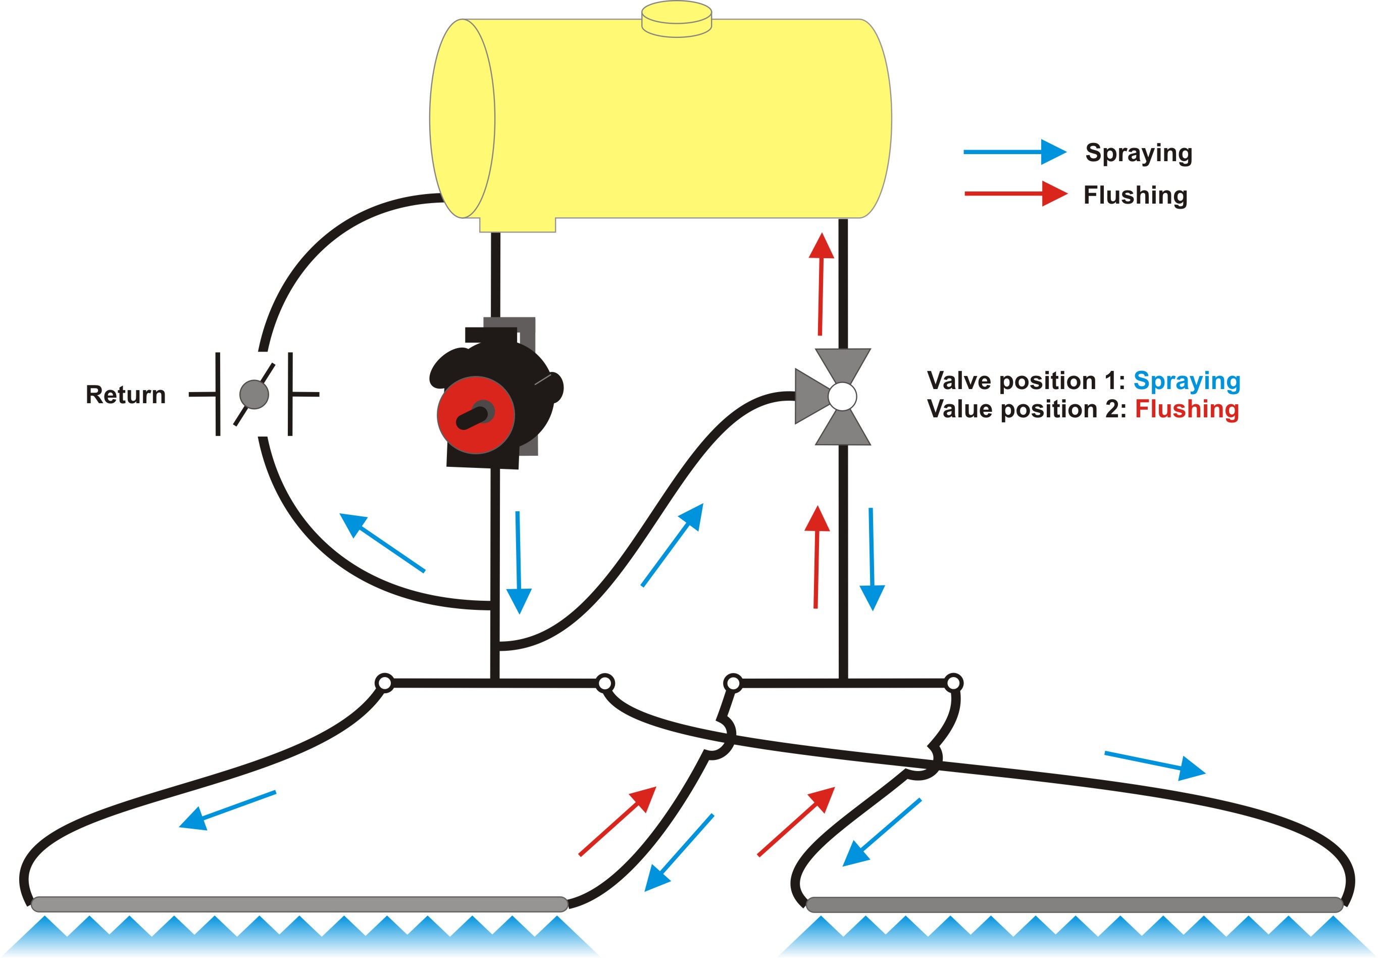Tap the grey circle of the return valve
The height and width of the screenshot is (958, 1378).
pyautogui.click(x=254, y=394)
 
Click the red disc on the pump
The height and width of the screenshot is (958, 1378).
pyautogui.click(x=476, y=415)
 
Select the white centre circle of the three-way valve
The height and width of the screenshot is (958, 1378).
pyautogui.click(x=842, y=397)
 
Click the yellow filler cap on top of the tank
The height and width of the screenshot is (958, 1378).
pyautogui.click(x=677, y=19)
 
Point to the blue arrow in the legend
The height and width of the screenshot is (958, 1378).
pyautogui.click(x=1015, y=152)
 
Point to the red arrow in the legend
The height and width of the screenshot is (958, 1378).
pyautogui.click(x=1016, y=194)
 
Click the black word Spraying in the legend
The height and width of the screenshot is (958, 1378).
pyautogui.click(x=1139, y=154)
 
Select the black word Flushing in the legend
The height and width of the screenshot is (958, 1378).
pyautogui.click(x=1135, y=195)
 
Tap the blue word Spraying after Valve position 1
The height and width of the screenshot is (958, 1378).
pyautogui.click(x=1187, y=381)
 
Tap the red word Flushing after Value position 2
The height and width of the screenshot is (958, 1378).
pyautogui.click(x=1187, y=409)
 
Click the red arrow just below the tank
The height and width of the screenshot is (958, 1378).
pyautogui.click(x=821, y=284)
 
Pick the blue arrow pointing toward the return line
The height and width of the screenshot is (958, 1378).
pyautogui.click(x=382, y=543)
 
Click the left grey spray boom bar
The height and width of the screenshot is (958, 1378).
pyautogui.click(x=299, y=904)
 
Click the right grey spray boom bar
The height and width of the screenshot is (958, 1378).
pyautogui.click(x=1075, y=904)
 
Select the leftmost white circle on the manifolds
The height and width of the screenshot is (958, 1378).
pyautogui.click(x=385, y=683)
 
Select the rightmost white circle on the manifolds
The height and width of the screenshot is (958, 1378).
pyautogui.click(x=953, y=683)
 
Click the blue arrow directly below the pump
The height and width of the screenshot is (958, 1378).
pyautogui.click(x=518, y=562)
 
